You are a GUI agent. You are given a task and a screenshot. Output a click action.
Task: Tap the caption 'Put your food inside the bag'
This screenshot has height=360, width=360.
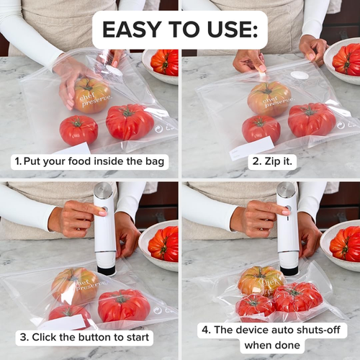coord(89,161)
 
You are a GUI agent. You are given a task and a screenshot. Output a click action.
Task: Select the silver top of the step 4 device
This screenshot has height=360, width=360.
coord(287,192)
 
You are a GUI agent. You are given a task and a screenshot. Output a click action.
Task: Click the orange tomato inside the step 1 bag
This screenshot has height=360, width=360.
coord(91,95)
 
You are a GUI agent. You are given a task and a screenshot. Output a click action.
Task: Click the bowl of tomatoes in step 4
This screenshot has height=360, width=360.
coord(343,243)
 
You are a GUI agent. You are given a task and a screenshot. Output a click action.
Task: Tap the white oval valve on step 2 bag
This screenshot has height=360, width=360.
coord(300,74)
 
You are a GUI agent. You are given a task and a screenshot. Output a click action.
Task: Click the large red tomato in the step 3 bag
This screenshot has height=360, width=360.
coord(124,305)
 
